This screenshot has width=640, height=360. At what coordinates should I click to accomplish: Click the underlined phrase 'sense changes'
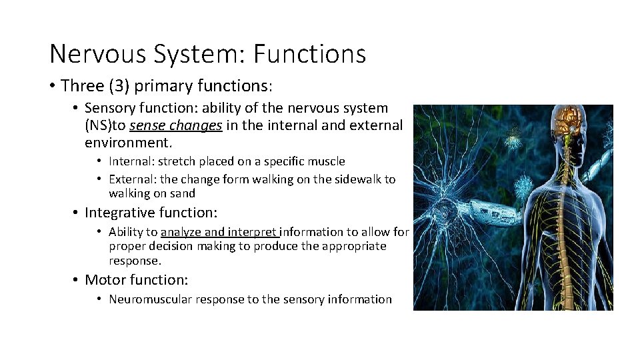(176, 125)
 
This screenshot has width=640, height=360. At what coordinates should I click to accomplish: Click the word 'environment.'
(129, 143)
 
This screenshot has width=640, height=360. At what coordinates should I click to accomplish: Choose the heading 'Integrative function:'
(151, 213)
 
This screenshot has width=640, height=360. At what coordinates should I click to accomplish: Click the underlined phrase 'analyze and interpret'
(219, 232)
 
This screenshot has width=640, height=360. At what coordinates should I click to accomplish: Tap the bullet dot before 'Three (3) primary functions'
(52, 86)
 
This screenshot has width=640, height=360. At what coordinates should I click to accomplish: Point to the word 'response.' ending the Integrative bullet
(135, 261)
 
